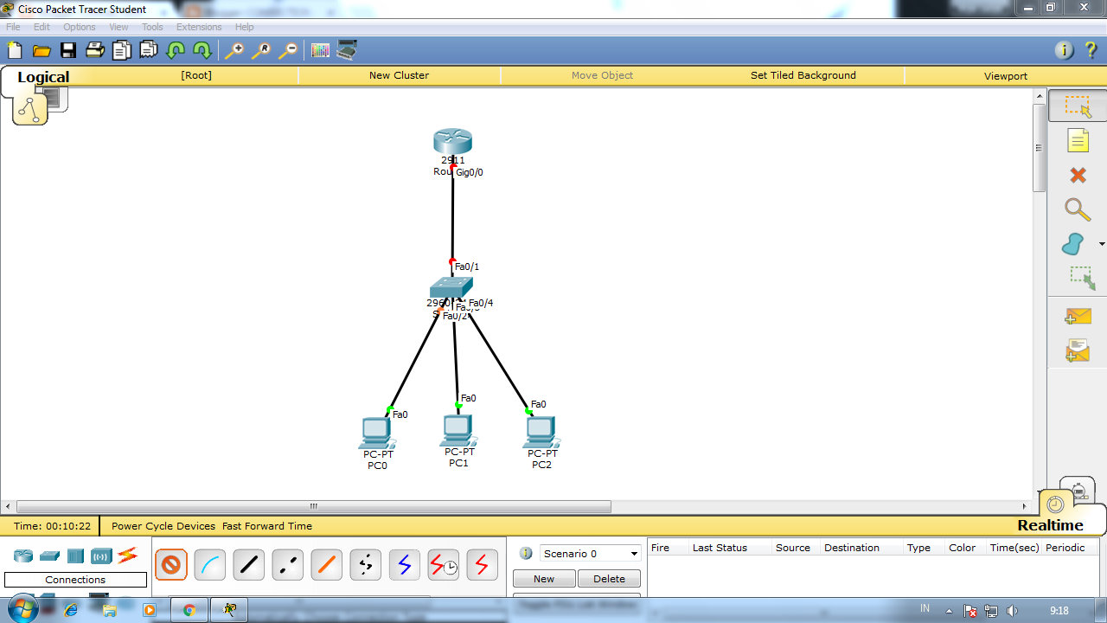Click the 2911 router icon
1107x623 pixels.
pos(452,141)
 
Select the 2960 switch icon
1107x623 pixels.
pos(451,287)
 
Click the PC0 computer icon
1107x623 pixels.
pos(376,432)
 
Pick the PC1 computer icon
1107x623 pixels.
pos(458,429)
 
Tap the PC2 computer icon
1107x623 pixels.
pos(541,431)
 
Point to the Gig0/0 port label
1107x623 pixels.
pos(470,172)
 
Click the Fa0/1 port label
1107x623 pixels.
pos(467,267)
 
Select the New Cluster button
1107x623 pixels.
pos(399,75)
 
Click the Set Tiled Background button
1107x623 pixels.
pos(803,75)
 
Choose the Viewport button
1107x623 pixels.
pos(1005,76)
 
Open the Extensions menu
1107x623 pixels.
pos(199,27)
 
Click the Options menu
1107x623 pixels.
pos(79,27)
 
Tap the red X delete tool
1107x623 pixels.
pos(1078,176)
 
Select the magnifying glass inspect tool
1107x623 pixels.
pos(1077,209)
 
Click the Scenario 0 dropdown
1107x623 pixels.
pos(591,554)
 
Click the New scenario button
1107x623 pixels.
pos(543,579)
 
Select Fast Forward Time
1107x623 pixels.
pos(266,526)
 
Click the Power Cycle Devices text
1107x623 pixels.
pos(163,526)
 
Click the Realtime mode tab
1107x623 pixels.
pos(1050,525)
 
